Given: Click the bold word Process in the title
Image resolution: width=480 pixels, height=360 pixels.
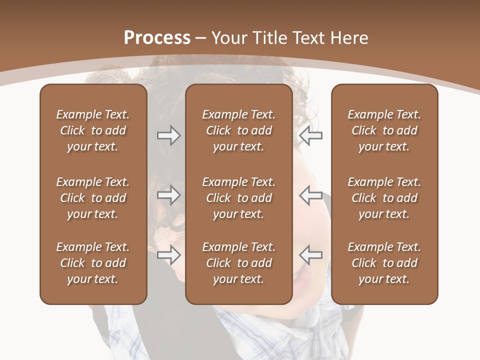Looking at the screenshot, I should [x=157, y=38].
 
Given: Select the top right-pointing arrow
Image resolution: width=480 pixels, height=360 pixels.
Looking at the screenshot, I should [x=168, y=135].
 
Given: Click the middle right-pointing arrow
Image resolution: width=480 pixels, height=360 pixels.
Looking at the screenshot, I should [x=168, y=195].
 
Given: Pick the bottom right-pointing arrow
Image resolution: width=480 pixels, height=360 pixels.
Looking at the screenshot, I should [x=168, y=255].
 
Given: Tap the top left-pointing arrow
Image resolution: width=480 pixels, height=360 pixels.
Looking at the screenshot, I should [x=310, y=135].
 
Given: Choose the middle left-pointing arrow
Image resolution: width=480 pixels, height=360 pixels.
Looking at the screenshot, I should [x=310, y=195].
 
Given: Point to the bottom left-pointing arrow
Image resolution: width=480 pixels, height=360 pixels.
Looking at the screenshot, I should [x=310, y=255].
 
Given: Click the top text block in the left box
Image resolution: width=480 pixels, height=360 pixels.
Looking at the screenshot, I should [x=93, y=130].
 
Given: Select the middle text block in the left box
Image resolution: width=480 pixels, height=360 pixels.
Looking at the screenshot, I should [x=93, y=198].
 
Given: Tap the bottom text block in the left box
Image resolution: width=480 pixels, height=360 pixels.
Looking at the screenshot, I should [x=93, y=263].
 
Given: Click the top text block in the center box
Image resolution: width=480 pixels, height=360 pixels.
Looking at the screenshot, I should [x=238, y=130].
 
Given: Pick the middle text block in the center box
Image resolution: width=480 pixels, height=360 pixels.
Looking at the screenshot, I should [x=238, y=198].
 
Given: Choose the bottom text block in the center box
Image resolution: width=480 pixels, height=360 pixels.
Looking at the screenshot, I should [x=238, y=263].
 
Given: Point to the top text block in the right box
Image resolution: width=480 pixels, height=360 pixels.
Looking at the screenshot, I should [x=384, y=130].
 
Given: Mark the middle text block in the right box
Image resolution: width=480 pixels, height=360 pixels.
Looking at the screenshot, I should [x=384, y=198].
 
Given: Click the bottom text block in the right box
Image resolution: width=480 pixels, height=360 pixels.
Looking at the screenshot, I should [x=384, y=263].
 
